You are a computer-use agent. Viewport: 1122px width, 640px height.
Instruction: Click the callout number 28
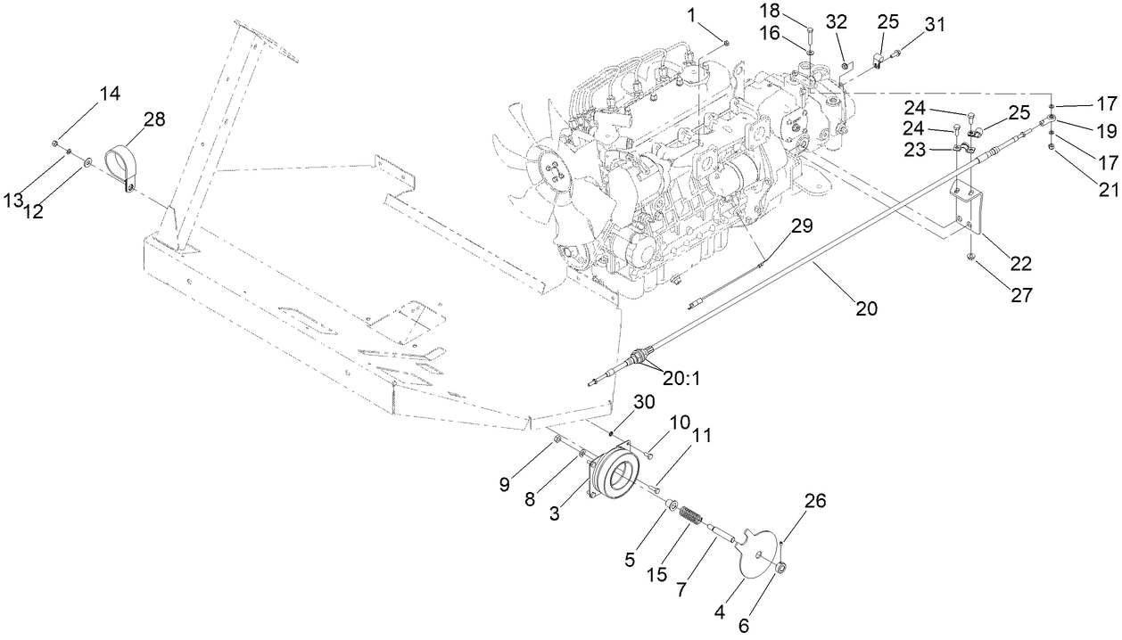click(x=154, y=120)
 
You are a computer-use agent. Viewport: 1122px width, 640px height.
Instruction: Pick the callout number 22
click(x=1020, y=265)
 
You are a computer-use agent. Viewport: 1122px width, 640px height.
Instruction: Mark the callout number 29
click(x=802, y=226)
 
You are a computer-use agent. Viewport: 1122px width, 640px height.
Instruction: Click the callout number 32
click(x=837, y=21)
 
